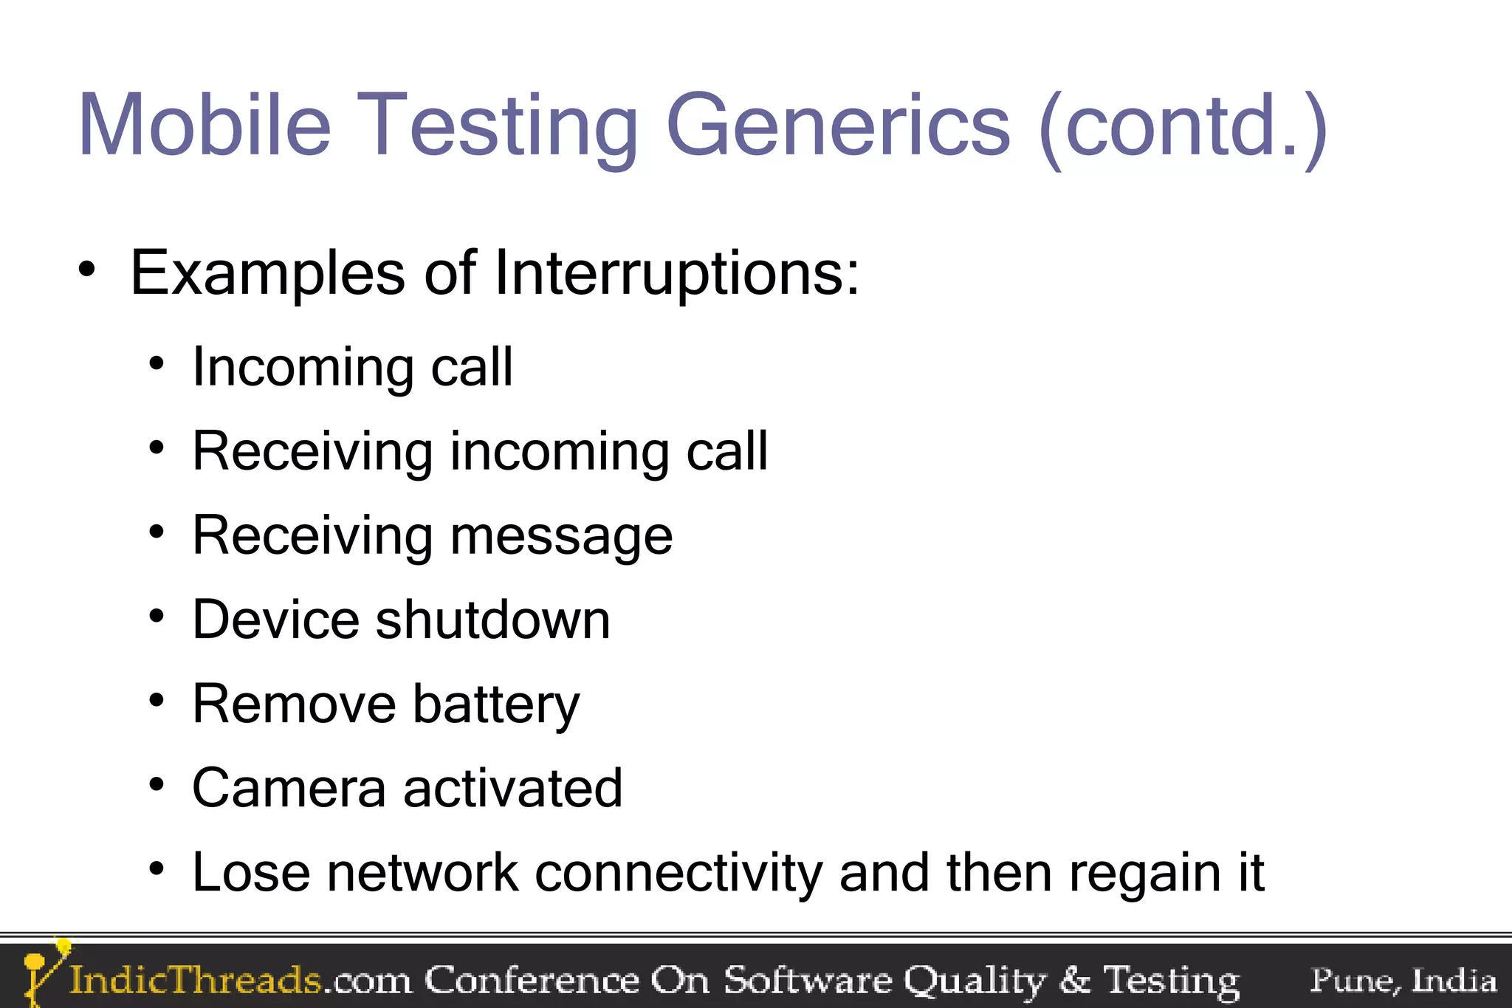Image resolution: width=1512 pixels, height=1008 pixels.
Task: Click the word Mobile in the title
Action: coord(205,126)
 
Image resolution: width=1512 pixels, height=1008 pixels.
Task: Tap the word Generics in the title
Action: coord(837,126)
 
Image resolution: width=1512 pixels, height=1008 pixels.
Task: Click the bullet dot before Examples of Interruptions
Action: coord(87,271)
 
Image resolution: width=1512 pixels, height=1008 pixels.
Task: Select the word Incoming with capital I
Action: coord(303,368)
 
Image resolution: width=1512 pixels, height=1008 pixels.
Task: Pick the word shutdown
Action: coord(492,620)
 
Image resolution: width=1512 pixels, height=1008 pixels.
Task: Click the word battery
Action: coord(495,705)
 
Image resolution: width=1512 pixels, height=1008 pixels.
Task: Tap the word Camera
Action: coord(289,788)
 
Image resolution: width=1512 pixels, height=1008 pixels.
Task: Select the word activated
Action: coord(512,788)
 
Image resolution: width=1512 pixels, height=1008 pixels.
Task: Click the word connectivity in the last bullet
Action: coord(678,874)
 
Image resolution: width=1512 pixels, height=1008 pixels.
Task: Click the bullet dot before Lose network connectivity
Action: coord(156,868)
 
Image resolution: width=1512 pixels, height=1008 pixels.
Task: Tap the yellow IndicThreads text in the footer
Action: coord(196,981)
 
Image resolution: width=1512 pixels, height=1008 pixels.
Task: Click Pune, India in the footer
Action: coord(1403,981)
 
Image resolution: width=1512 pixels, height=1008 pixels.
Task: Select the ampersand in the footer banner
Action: coord(1074,980)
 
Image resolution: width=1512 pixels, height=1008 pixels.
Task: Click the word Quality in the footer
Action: coord(975,981)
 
